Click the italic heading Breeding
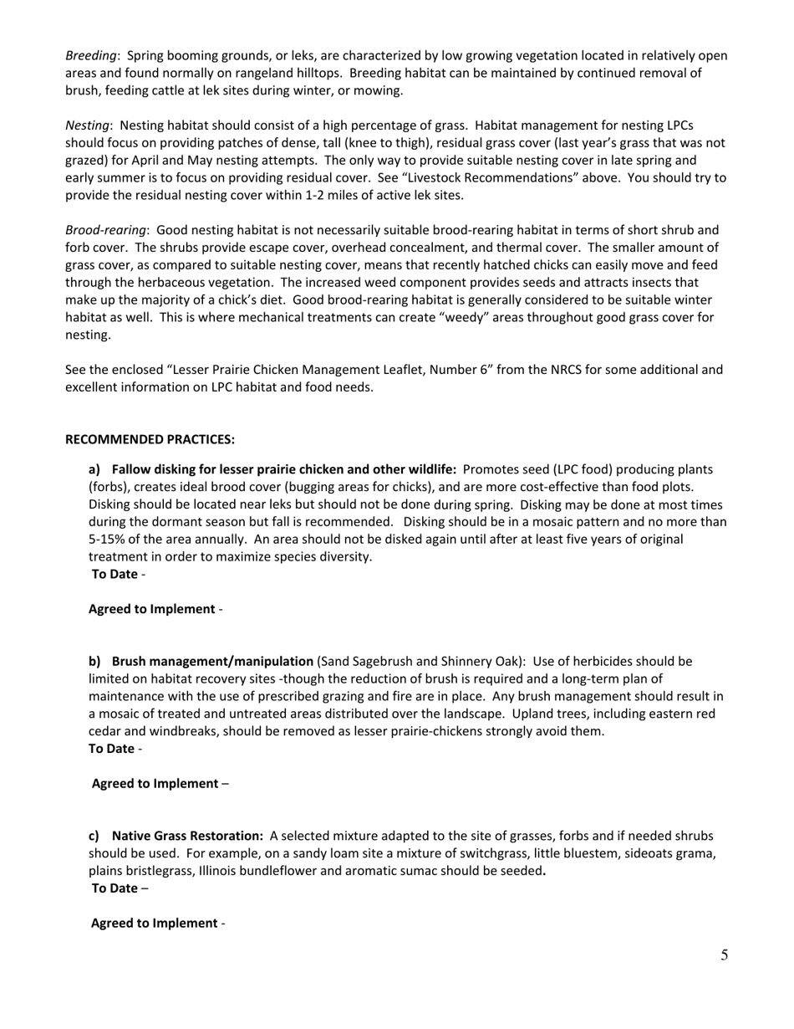(x=90, y=56)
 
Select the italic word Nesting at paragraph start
(x=88, y=125)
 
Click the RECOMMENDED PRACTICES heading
(x=150, y=439)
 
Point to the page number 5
(x=724, y=955)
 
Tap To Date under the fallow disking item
(x=115, y=574)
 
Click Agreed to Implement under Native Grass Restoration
(x=154, y=923)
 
